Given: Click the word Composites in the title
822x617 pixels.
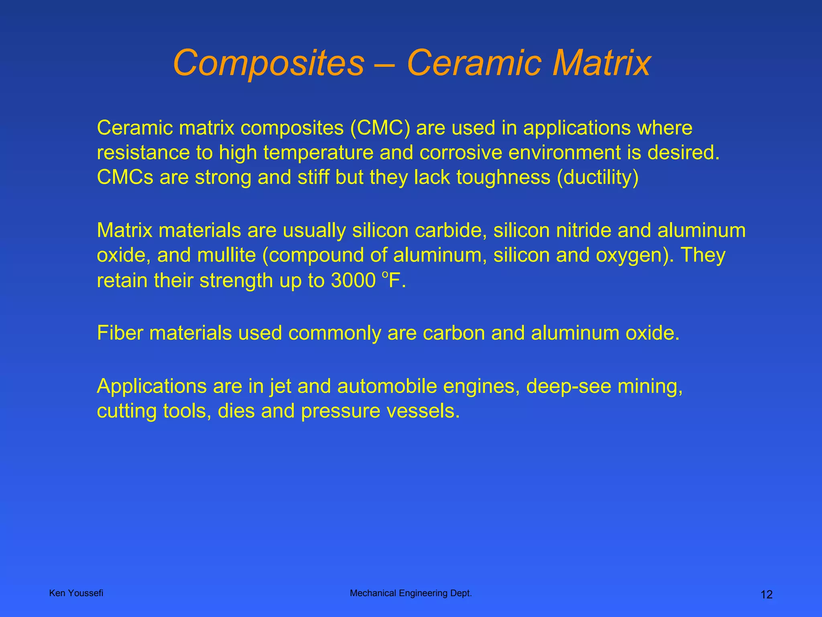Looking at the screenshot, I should (x=268, y=63).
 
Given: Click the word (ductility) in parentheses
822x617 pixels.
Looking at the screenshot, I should (x=597, y=178).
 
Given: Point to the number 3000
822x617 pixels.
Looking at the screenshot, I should (x=353, y=280).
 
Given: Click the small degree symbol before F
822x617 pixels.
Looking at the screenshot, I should (x=385, y=274).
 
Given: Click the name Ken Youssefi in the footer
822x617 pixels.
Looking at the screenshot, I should (x=76, y=593).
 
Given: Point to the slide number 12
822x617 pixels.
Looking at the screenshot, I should (x=766, y=595).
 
